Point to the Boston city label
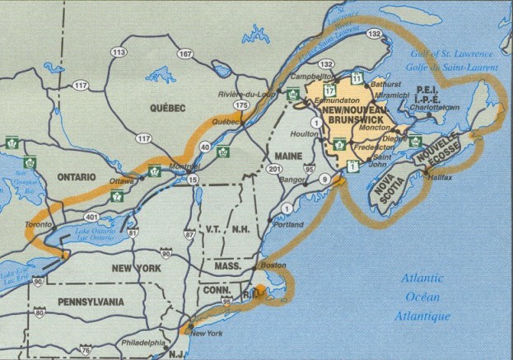(274, 265)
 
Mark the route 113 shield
(119, 52)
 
